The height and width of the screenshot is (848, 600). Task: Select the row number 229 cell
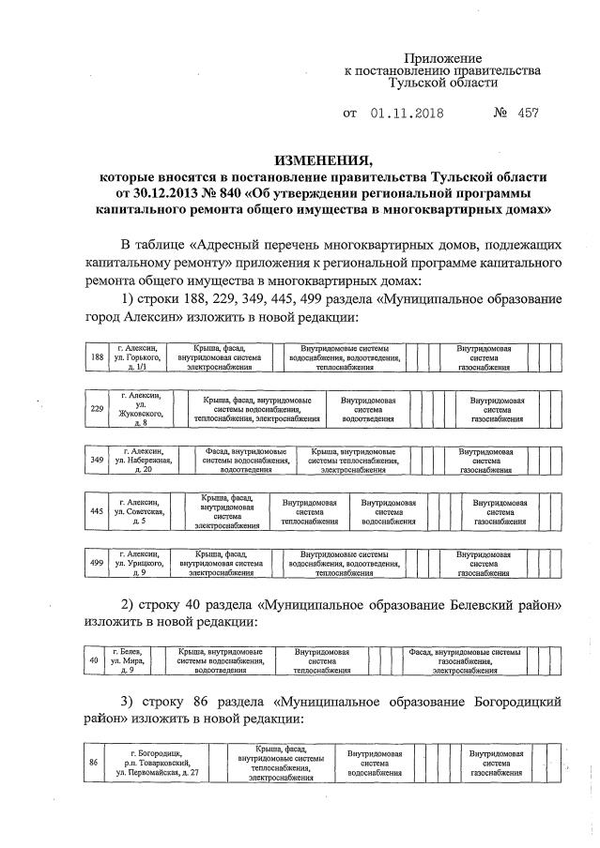point(96,409)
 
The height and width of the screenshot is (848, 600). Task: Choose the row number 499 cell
point(96,563)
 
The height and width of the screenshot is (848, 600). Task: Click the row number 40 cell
point(92,659)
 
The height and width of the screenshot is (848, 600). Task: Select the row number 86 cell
point(93,762)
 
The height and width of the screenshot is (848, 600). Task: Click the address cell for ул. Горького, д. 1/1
point(137,357)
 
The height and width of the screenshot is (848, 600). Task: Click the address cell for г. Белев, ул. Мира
point(128,659)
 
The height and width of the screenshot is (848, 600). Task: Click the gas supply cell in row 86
point(497,762)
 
